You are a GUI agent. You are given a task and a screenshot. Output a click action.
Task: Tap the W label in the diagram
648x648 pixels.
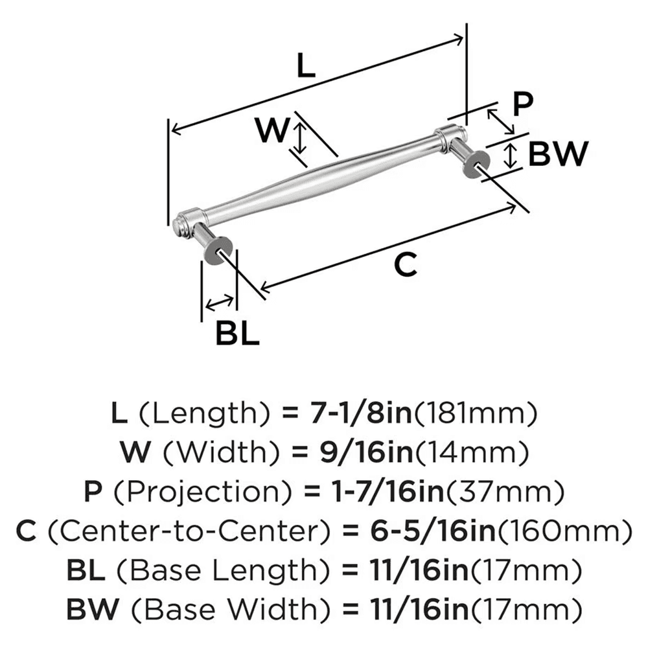click(x=270, y=132)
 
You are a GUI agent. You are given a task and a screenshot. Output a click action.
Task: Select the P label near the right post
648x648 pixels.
click(x=521, y=103)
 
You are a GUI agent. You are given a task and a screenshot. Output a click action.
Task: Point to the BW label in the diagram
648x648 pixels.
click(x=557, y=154)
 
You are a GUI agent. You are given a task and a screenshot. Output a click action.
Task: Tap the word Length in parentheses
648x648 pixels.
click(x=211, y=411)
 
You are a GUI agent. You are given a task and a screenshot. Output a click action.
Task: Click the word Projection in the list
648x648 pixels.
click(x=191, y=494)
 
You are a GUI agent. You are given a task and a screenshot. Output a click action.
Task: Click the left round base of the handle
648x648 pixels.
click(x=216, y=252)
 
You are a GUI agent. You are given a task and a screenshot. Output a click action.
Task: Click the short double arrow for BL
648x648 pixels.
click(x=220, y=301)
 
